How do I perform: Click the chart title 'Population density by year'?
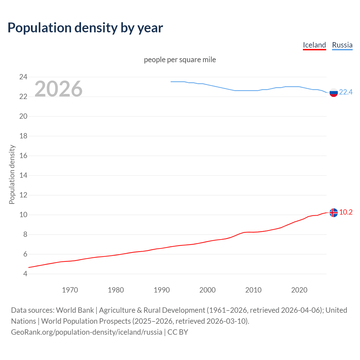[x=85, y=28]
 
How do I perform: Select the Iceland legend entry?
[x=314, y=45]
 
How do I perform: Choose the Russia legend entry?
[x=342, y=45]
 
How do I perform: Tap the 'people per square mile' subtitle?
[x=180, y=60]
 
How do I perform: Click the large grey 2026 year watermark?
[x=58, y=89]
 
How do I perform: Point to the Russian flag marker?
[x=333, y=92]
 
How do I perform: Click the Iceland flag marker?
[x=333, y=213]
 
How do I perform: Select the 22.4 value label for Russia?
[x=346, y=92]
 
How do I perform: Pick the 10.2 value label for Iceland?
[x=346, y=212]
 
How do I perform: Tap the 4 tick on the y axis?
[x=25, y=274]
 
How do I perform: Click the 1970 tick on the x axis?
[x=70, y=290]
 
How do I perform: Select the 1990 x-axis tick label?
[x=161, y=290]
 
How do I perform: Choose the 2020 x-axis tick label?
[x=299, y=290]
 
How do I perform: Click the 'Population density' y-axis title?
[x=12, y=174]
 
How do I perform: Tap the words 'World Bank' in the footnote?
[x=75, y=310]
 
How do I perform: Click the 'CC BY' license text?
[x=178, y=332]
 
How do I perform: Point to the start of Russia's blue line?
[x=171, y=82]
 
